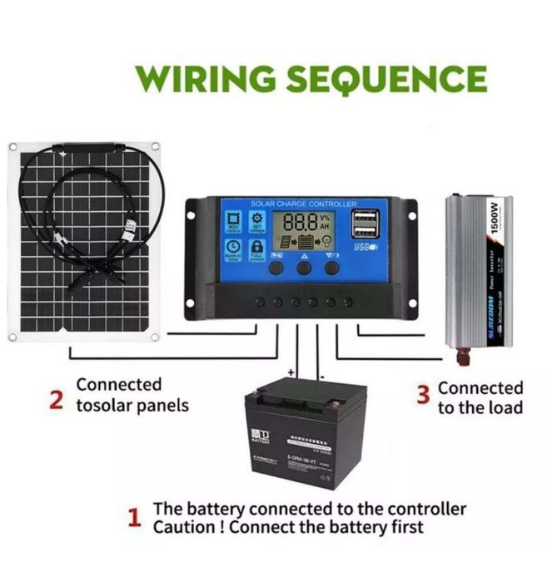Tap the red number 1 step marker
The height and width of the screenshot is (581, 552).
pyautogui.click(x=134, y=519)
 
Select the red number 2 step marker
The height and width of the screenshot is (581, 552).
pyautogui.click(x=56, y=401)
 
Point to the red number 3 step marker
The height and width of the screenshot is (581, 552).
pyautogui.click(x=424, y=392)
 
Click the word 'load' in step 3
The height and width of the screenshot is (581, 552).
pyautogui.click(x=507, y=407)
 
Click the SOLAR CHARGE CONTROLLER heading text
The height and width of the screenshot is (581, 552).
pyautogui.click(x=303, y=204)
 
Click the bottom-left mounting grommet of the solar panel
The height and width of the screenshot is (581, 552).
pyautogui.click(x=12, y=337)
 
